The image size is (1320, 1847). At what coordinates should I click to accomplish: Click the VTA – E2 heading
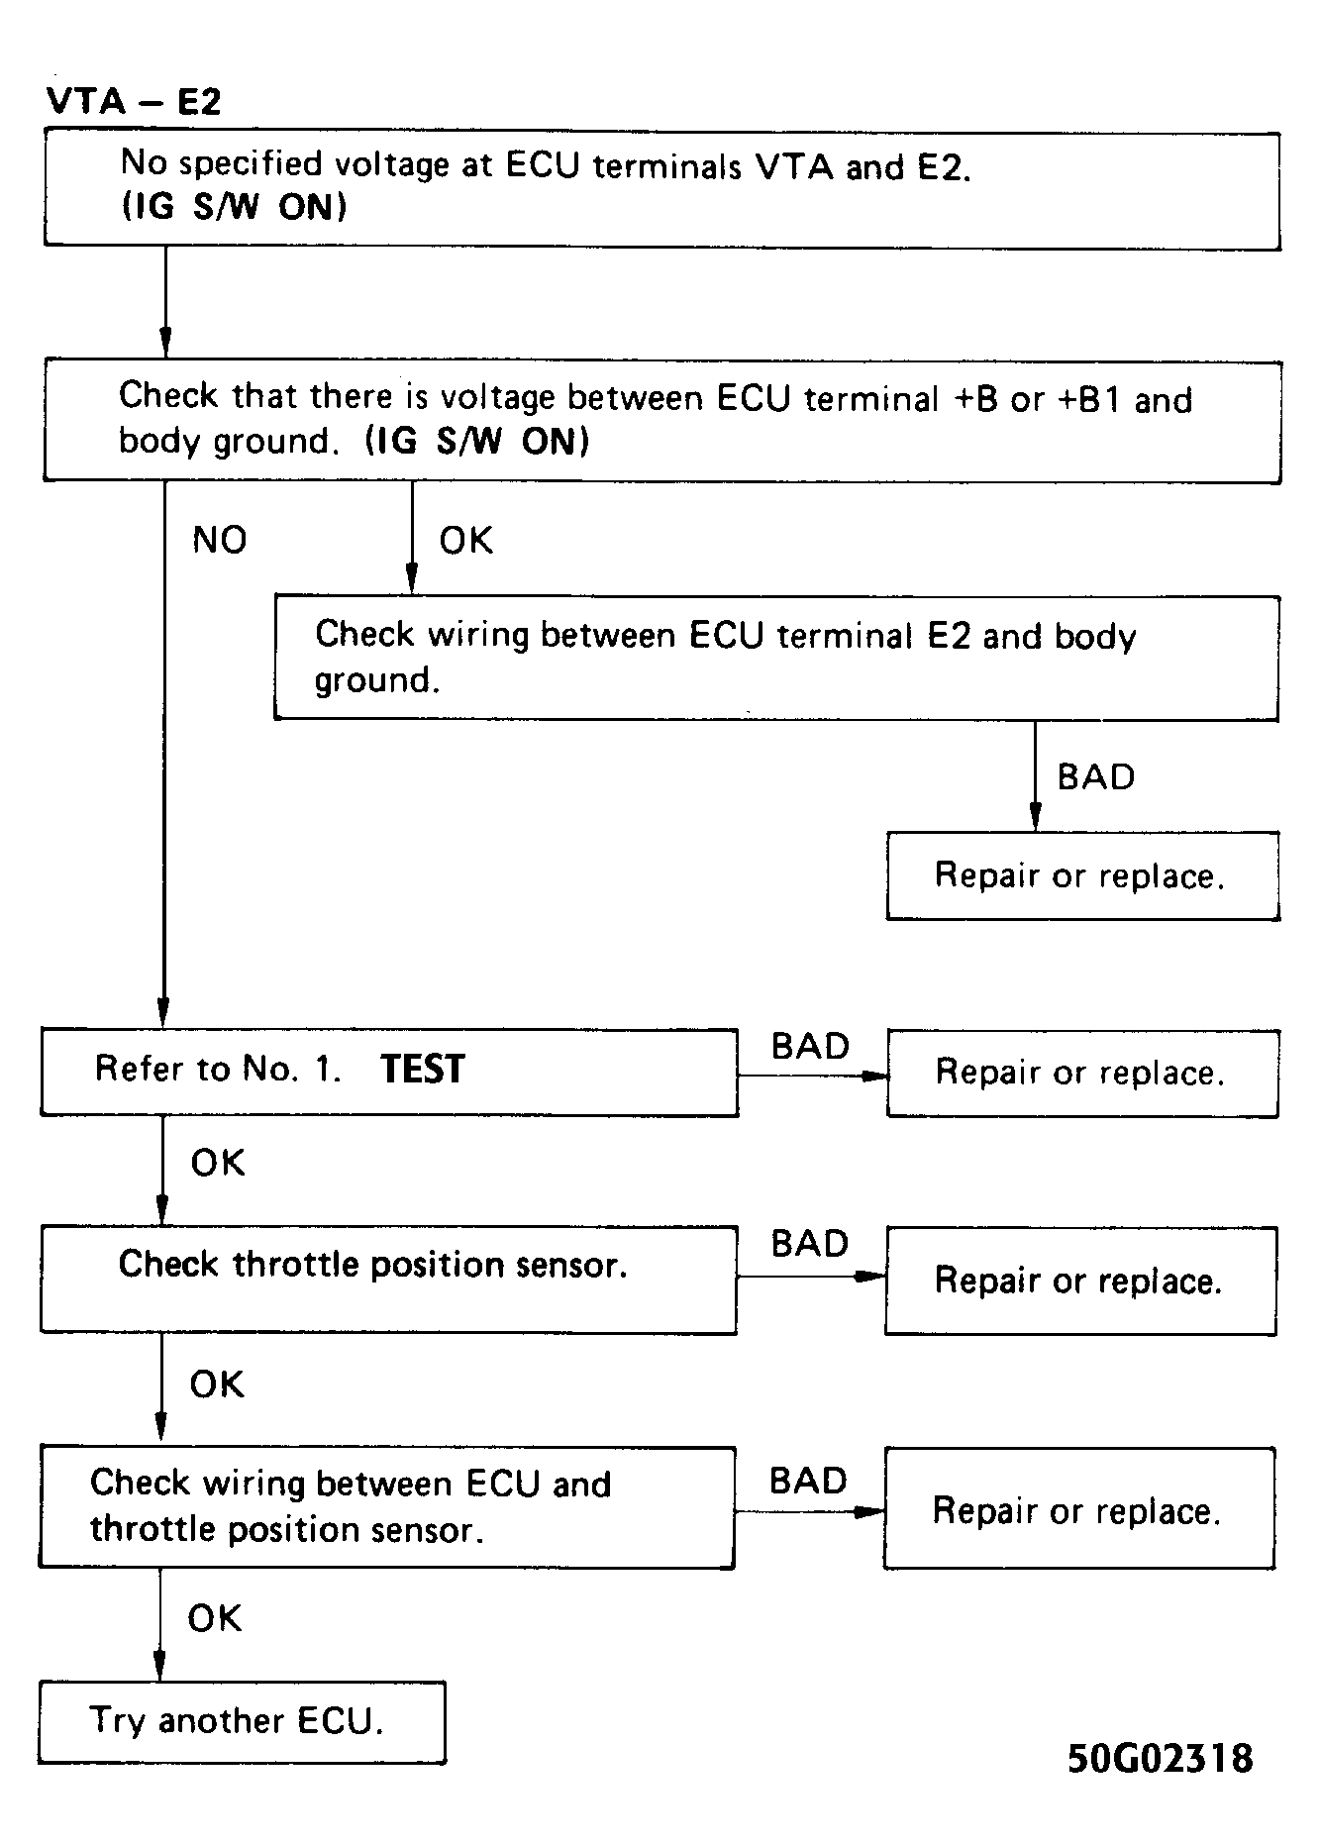pyautogui.click(x=133, y=101)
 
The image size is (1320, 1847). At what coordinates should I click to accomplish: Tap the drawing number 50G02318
pyautogui.click(x=1160, y=1758)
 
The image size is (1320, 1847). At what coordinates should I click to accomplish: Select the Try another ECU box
pyautogui.click(x=242, y=1721)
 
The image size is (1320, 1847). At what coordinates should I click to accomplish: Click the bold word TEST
pyautogui.click(x=422, y=1070)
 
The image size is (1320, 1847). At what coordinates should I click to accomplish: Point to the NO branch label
pyautogui.click(x=219, y=540)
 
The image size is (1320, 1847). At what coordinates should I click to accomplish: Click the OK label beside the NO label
pyautogui.click(x=465, y=540)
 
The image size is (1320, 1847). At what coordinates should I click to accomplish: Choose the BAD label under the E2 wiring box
pyautogui.click(x=1095, y=776)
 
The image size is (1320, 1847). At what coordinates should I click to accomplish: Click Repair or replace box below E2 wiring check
pyautogui.click(x=1081, y=875)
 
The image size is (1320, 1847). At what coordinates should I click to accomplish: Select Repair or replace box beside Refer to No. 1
pyautogui.click(x=1081, y=1073)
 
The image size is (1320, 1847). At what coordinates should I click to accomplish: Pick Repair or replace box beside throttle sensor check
pyautogui.click(x=1079, y=1281)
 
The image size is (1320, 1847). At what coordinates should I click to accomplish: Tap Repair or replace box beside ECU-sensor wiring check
pyautogui.click(x=1078, y=1510)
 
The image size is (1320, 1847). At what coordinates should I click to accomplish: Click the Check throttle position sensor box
pyautogui.click(x=387, y=1279)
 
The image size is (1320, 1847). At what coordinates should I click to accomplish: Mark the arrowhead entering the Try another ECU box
pyautogui.click(x=159, y=1667)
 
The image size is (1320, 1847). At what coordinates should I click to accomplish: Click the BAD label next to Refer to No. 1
pyautogui.click(x=810, y=1046)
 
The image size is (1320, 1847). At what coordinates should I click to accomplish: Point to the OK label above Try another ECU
pyautogui.click(x=214, y=1618)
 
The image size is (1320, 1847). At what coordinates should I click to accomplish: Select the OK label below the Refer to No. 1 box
pyautogui.click(x=217, y=1163)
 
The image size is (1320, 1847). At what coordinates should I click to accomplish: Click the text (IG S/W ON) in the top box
pyautogui.click(x=234, y=207)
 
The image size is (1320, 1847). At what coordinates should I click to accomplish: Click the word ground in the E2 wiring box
pyautogui.click(x=374, y=680)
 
